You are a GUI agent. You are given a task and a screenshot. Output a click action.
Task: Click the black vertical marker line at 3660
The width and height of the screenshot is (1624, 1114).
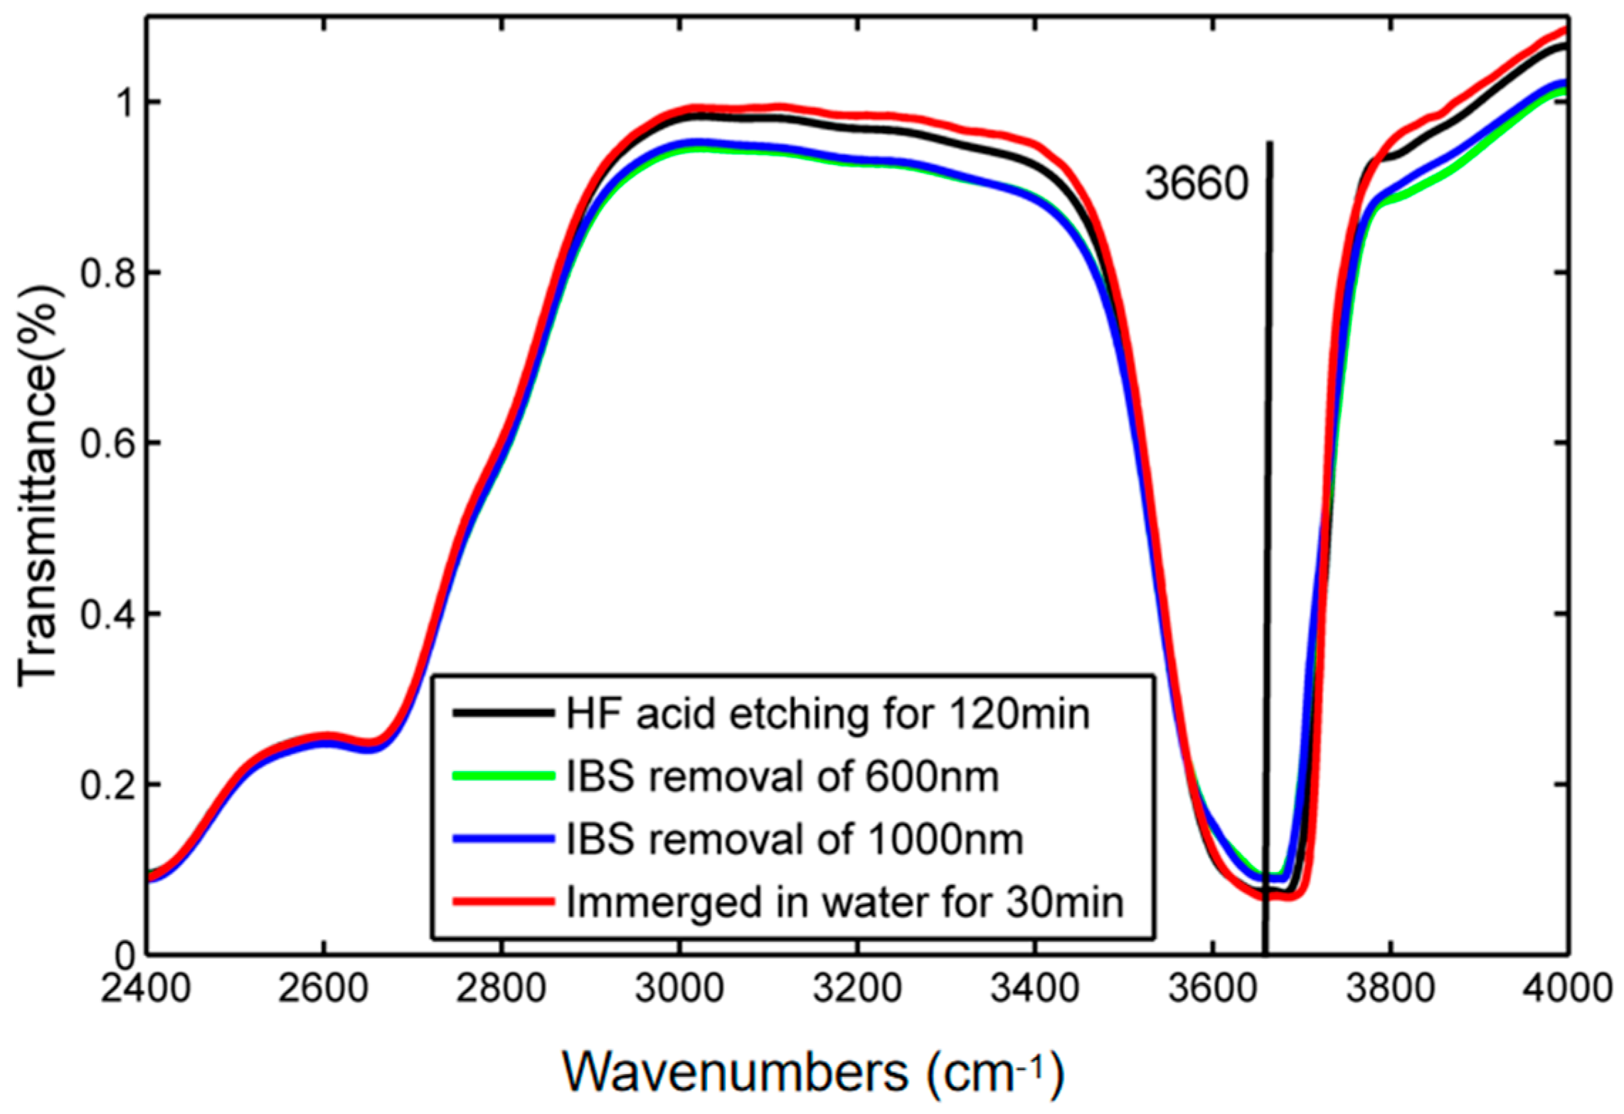tap(1268, 498)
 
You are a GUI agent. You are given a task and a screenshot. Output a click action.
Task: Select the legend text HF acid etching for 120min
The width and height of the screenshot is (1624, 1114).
tap(827, 714)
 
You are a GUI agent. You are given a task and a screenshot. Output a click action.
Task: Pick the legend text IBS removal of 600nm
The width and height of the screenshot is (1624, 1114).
tap(782, 777)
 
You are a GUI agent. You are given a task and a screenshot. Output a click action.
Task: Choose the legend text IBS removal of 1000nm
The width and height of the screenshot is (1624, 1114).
tap(795, 839)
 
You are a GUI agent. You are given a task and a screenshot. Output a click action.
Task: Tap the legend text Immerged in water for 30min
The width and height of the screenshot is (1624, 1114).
tap(844, 902)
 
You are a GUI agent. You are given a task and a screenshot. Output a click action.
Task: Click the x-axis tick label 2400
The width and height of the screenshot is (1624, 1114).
tap(146, 990)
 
